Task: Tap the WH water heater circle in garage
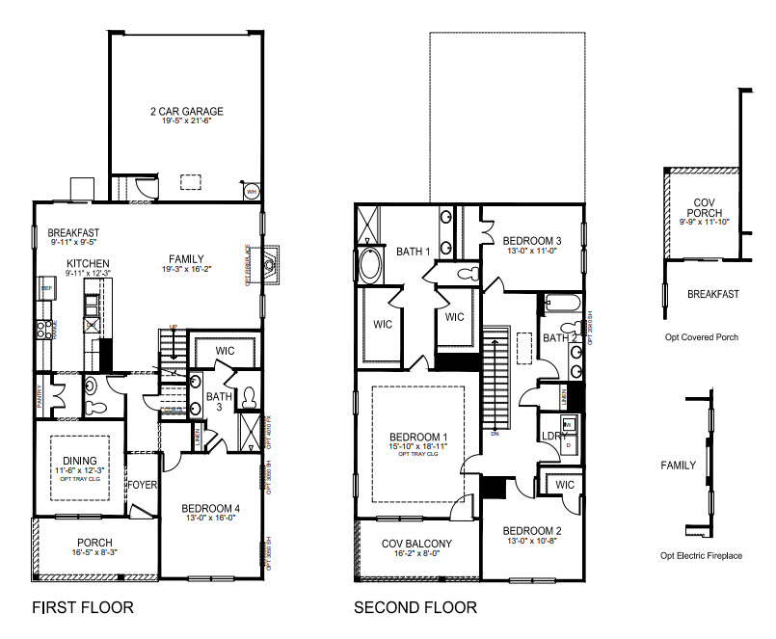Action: click(x=253, y=191)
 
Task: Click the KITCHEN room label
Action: click(x=88, y=263)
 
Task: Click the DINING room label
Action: click(x=82, y=461)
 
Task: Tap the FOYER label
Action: click(x=144, y=485)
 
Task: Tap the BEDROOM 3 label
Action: click(x=531, y=240)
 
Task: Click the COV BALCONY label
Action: click(x=416, y=543)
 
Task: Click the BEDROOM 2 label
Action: click(x=531, y=531)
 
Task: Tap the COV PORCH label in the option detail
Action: click(x=704, y=205)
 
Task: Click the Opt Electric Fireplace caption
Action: click(x=701, y=556)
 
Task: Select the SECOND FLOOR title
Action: click(x=415, y=608)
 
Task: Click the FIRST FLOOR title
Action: click(x=82, y=608)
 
